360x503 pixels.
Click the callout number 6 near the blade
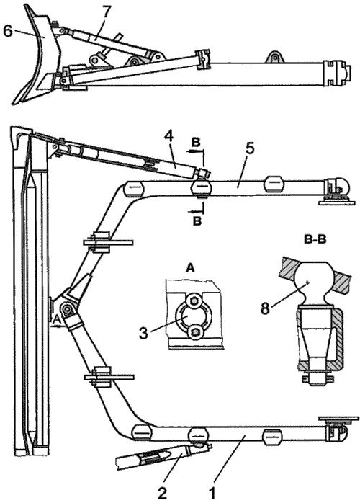[x=7, y=30]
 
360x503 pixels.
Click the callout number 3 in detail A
[x=143, y=333]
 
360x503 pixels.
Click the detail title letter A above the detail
[x=190, y=269]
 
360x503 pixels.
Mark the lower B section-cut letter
[x=197, y=221]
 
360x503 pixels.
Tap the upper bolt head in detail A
[x=194, y=301]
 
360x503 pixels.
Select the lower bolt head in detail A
[x=194, y=331]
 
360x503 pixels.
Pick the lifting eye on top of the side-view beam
[x=275, y=57]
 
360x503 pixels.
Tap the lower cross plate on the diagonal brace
[x=108, y=378]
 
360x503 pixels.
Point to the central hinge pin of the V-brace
[x=67, y=308]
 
